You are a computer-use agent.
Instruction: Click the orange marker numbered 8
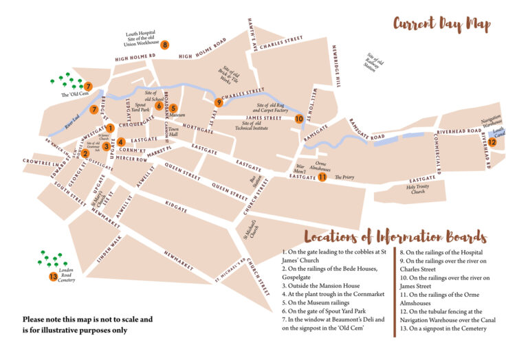pyautogui.click(x=165, y=45)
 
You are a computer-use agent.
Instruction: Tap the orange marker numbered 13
pyautogui.click(x=53, y=277)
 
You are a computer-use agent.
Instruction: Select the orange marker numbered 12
pyautogui.click(x=492, y=142)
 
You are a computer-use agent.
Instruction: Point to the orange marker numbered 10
pyautogui.click(x=298, y=119)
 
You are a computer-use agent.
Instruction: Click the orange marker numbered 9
pyautogui.click(x=219, y=103)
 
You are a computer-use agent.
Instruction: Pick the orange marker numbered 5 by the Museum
pyautogui.click(x=173, y=108)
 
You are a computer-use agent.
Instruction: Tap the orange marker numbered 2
pyautogui.click(x=85, y=153)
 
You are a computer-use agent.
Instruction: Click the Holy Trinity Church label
pyautogui.click(x=421, y=189)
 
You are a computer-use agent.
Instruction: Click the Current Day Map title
pyautogui.click(x=441, y=25)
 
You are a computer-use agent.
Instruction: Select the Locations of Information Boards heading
pyautogui.click(x=395, y=237)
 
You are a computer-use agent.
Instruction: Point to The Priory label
pyautogui.click(x=344, y=177)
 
